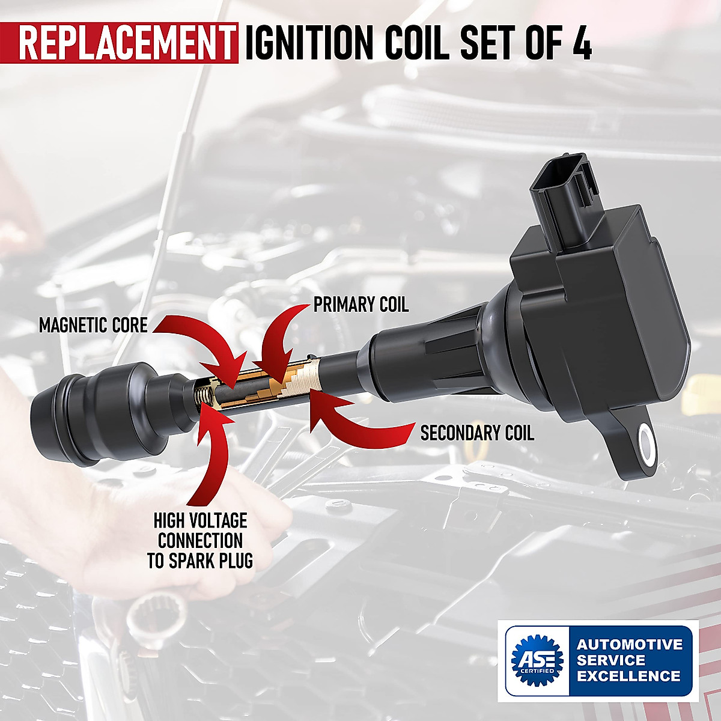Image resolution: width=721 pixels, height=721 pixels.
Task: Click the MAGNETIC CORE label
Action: click(93, 326)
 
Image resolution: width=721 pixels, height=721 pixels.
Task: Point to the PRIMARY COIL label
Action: click(360, 305)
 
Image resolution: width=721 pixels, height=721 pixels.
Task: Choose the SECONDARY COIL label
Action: click(477, 433)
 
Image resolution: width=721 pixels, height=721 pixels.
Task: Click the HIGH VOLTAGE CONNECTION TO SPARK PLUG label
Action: click(200, 540)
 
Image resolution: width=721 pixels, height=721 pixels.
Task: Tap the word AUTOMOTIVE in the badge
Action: click(630, 645)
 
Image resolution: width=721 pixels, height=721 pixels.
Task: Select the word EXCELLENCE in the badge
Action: click(628, 676)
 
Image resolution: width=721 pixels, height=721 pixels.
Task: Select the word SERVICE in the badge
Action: click(611, 660)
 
